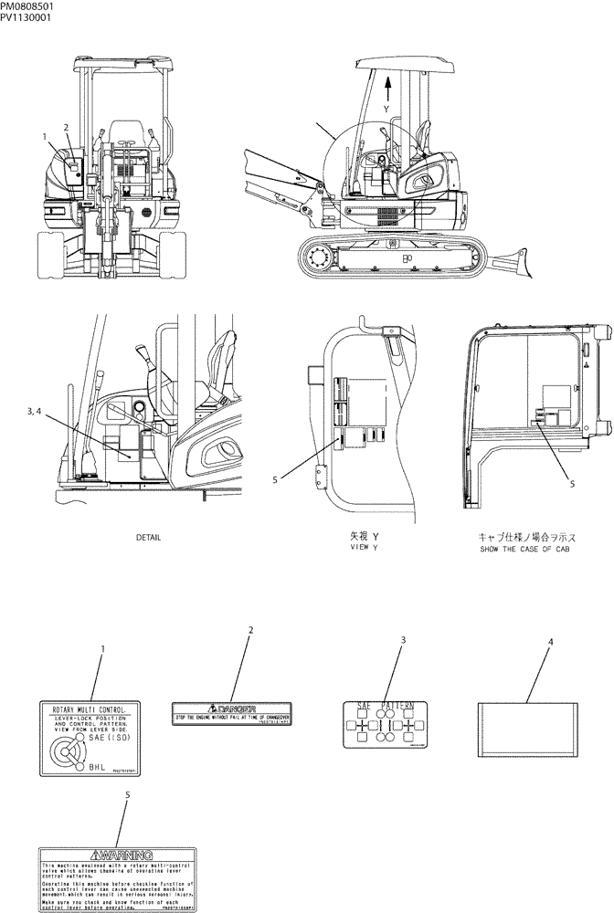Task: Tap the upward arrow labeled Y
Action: coord(388,89)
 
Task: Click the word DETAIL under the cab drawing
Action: coord(148,538)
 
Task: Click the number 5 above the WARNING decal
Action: coord(127,794)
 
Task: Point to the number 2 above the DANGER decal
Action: coord(250,630)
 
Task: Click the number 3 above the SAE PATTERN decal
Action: coord(402,639)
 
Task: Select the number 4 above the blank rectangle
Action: coord(549,642)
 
